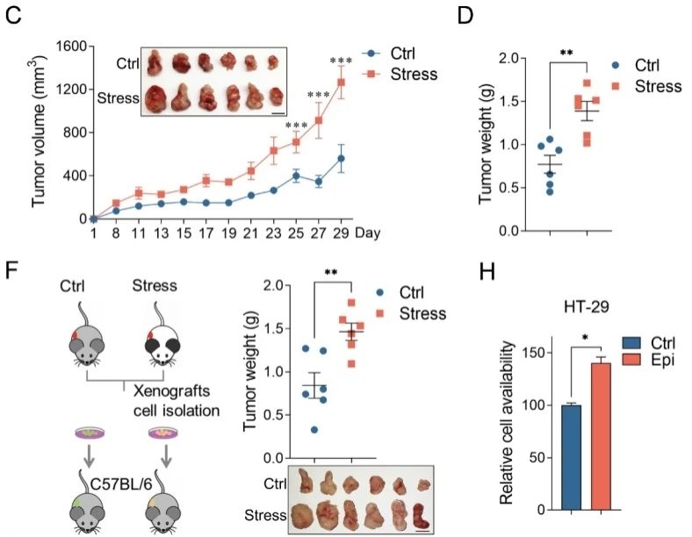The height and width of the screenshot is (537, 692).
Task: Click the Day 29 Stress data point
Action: [x=340, y=82]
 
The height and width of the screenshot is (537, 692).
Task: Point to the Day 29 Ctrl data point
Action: [x=340, y=159]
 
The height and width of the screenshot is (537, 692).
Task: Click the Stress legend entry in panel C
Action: [x=414, y=73]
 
